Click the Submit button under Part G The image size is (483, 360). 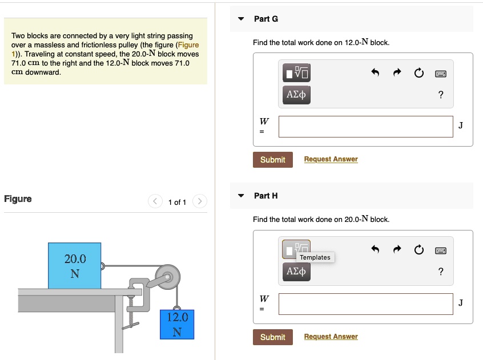coord(272,160)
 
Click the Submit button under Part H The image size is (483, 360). coord(272,337)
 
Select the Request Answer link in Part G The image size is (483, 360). coord(331,159)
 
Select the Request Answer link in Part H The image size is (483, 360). coord(331,336)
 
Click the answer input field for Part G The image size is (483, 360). coord(365,127)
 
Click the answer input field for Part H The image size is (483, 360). coord(365,304)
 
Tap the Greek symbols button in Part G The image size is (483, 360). coord(296,95)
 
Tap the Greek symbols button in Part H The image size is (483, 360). coord(296,272)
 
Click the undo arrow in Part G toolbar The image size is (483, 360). coord(375,72)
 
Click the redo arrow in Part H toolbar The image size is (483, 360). coord(397,249)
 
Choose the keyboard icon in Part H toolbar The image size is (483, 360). coord(441,250)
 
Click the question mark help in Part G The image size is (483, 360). coord(441,95)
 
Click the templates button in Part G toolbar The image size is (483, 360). coord(296,73)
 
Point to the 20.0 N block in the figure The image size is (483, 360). coord(75,266)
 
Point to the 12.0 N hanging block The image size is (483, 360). coord(177,325)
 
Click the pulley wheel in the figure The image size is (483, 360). coord(168,277)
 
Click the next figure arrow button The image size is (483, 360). coord(200,201)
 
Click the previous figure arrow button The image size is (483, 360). coord(155,201)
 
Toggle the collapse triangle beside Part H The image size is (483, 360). coord(241,196)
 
